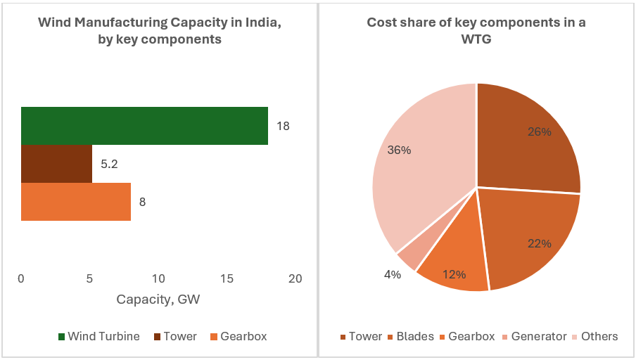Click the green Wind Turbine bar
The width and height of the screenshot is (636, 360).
coord(144,126)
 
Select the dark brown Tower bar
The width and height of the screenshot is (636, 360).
coord(56,164)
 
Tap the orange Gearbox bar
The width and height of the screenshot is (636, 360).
coord(76,202)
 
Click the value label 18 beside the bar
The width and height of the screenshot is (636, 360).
coord(283,127)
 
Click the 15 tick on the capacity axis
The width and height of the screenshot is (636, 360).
coord(227,279)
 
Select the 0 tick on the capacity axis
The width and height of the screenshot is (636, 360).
coord(21,279)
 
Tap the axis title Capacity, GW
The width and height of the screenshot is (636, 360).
coord(158,300)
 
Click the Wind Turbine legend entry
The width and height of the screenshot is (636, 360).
coord(98,336)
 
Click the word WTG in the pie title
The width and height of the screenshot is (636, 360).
coord(476,39)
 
